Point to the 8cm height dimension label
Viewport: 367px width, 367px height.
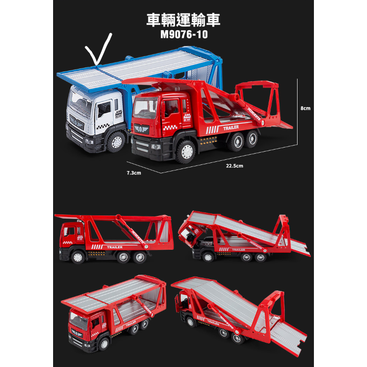pos(305,109)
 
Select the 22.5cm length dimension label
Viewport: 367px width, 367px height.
pos(234,166)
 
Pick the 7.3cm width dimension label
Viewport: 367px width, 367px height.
pos(134,173)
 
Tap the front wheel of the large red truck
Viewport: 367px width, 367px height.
pos(184,151)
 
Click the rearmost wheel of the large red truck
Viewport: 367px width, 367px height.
pos(252,139)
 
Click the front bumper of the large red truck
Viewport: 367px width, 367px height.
pos(152,151)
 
